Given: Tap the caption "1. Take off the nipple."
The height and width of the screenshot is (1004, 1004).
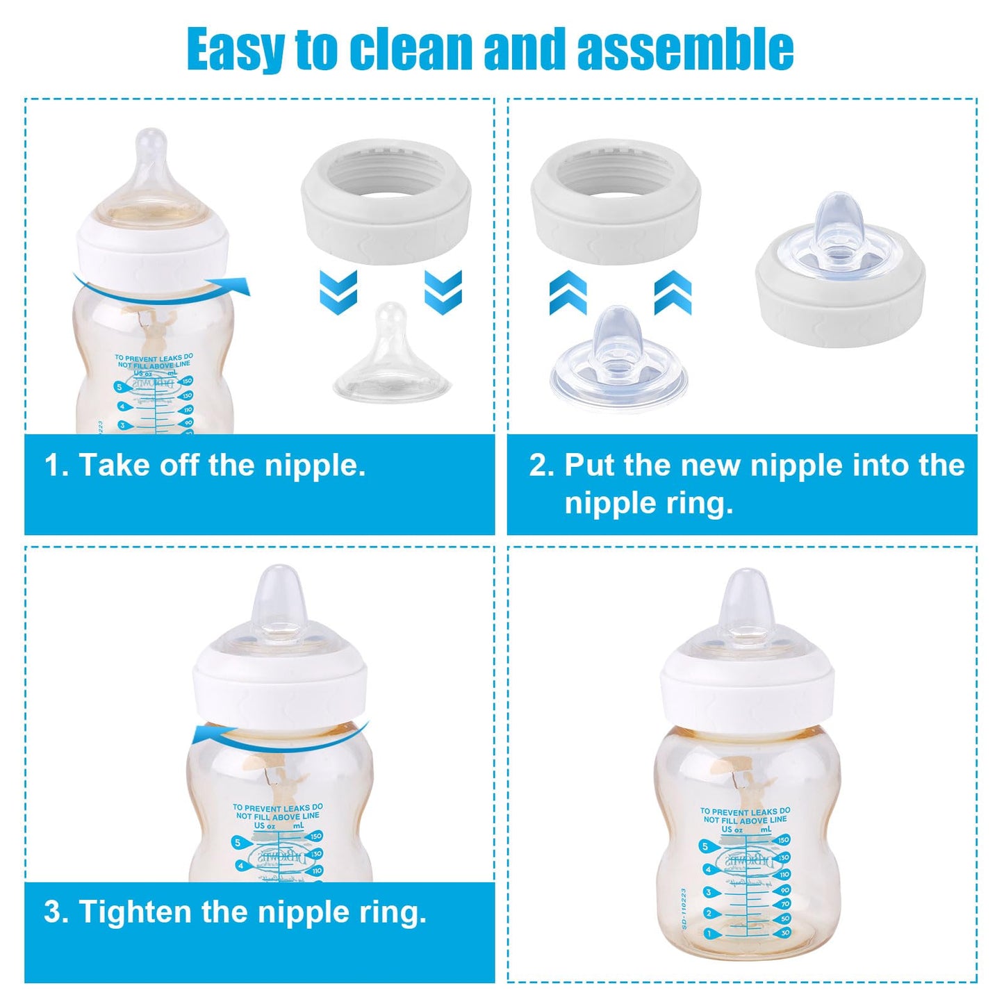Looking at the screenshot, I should coord(205,465).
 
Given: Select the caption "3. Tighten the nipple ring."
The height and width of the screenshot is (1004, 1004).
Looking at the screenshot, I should coord(235,912).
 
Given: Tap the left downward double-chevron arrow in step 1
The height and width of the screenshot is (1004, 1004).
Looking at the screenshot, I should coord(338,292).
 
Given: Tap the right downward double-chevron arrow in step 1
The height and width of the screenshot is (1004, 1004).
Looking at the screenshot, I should coord(443,292).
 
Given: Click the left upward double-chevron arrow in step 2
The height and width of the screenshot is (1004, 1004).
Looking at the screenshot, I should coord(568,293).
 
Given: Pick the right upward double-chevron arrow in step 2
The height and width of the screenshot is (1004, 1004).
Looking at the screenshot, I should coord(673,293).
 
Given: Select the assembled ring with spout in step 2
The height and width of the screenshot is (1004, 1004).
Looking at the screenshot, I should coord(840,278).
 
